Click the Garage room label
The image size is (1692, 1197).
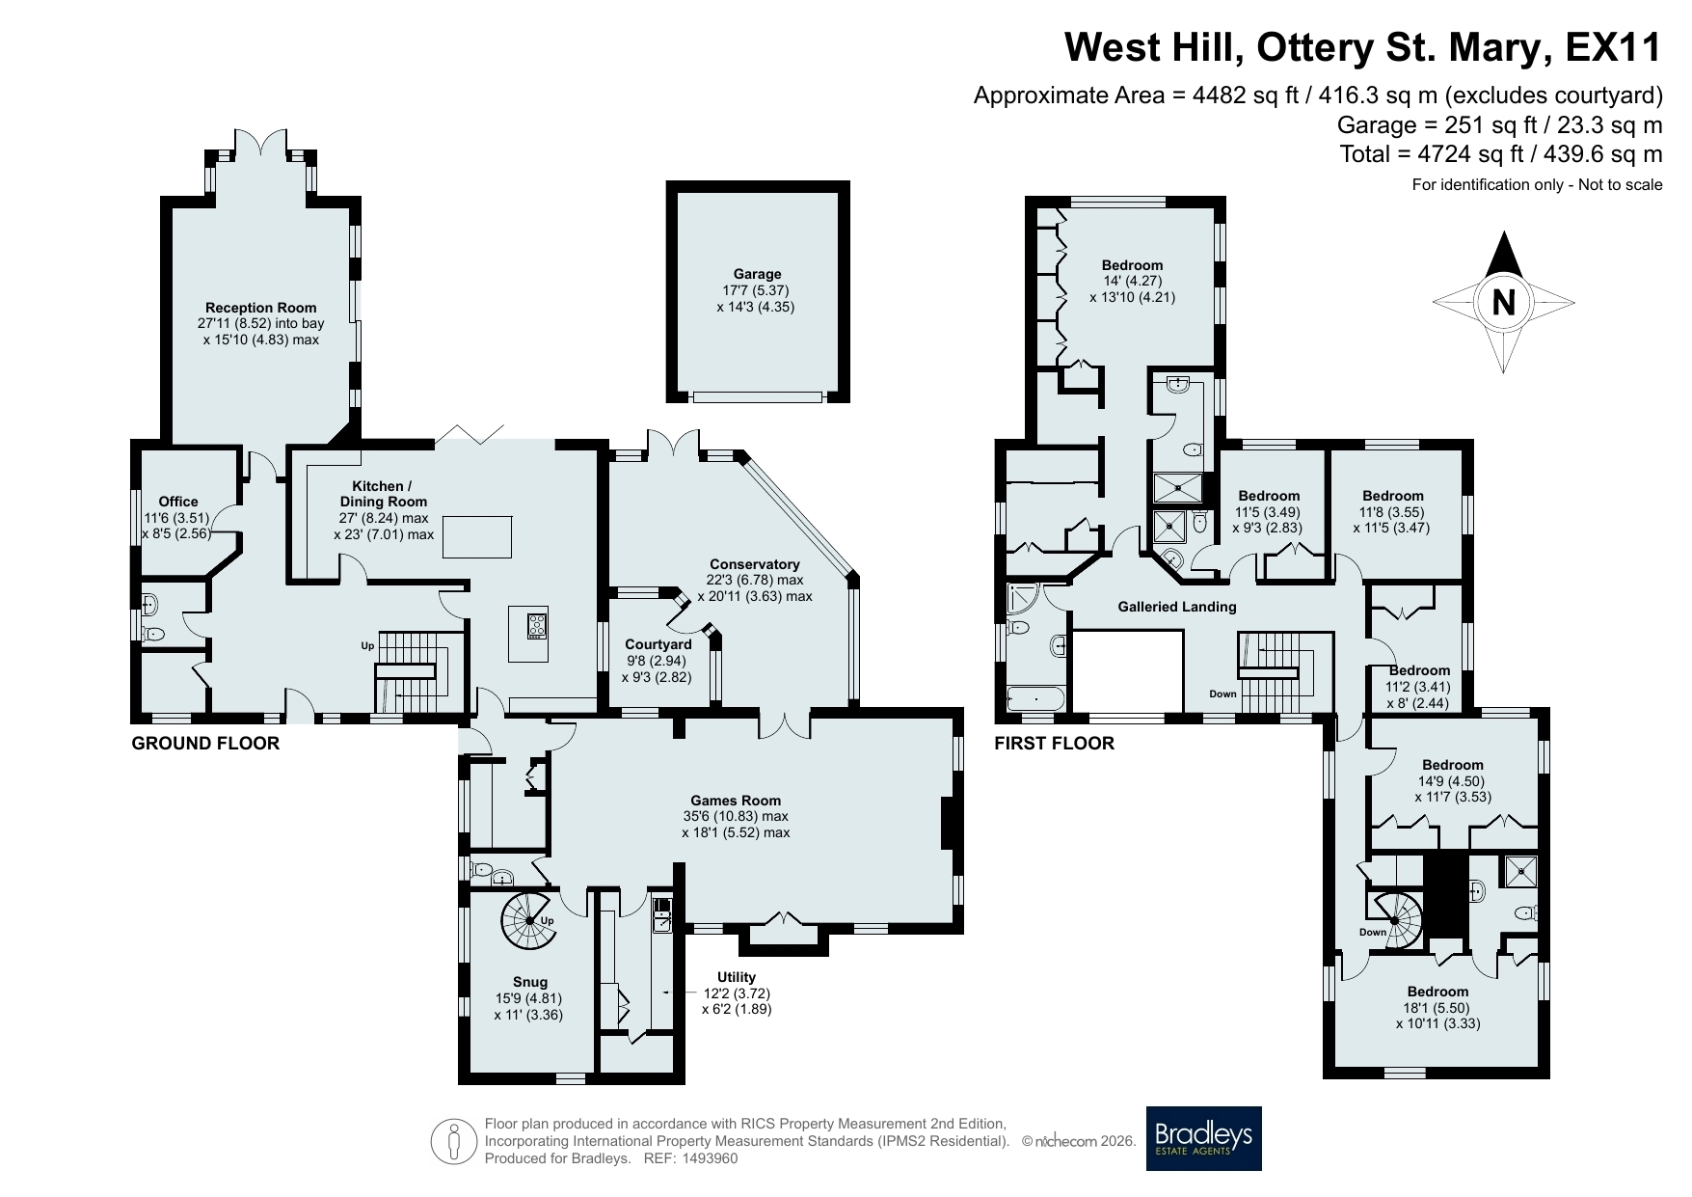click(757, 274)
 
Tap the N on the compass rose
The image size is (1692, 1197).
click(1503, 303)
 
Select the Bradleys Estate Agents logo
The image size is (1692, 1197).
click(1204, 1138)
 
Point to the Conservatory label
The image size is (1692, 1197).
click(755, 564)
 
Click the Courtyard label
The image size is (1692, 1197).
click(658, 644)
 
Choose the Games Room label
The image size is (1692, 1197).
click(736, 801)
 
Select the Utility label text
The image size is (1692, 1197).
click(737, 977)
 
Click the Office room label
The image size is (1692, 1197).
click(178, 502)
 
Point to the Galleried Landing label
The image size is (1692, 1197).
click(1177, 607)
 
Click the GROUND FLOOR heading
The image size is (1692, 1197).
click(205, 744)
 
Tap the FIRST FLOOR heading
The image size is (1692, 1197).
click(1055, 744)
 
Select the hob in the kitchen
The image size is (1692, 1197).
click(537, 625)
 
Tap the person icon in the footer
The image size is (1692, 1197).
click(455, 1142)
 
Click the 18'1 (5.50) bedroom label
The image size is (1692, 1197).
click(1437, 1008)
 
